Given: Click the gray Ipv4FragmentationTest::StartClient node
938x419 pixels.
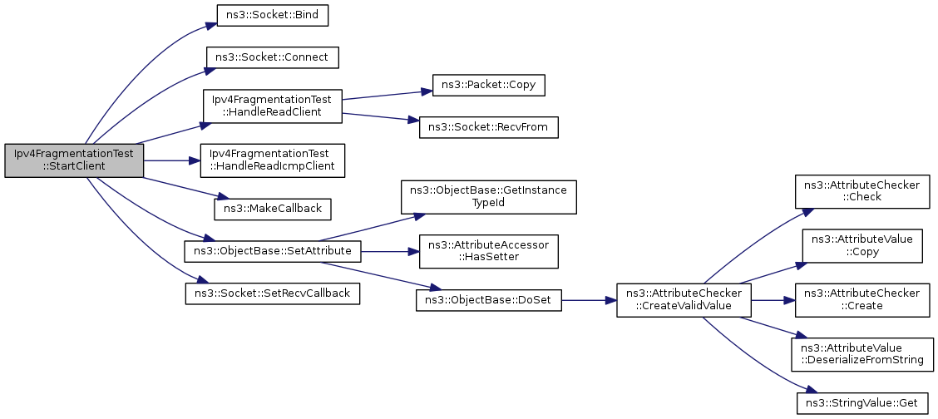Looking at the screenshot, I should pos(74,160).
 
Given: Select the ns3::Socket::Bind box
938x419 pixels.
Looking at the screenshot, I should pos(273,15).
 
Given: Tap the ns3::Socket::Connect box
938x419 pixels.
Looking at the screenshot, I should pos(273,58).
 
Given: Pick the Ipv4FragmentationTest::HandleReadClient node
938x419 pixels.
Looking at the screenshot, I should pos(273,106).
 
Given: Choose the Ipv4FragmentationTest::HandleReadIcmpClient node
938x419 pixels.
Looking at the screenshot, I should pos(273,160).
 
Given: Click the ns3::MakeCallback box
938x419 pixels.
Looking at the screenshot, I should pos(273,209).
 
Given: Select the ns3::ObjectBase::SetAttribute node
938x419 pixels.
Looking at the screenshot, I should pos(273,250).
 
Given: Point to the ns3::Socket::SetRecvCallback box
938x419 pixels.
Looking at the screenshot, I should pos(273,293).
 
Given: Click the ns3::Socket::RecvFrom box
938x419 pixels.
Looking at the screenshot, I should pos(488,128).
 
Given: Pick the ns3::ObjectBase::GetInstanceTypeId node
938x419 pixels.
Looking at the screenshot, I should pos(488,196).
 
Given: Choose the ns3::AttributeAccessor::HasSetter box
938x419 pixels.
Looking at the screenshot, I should pos(488,250).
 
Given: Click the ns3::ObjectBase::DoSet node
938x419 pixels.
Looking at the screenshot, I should pos(488,300).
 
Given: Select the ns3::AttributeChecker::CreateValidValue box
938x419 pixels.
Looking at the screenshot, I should pos(684,300).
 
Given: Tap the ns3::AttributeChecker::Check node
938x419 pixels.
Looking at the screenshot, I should pos(861,190).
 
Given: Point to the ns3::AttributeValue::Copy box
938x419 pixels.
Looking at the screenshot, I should pos(861,244).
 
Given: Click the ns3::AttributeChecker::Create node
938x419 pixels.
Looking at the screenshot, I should pos(861,300).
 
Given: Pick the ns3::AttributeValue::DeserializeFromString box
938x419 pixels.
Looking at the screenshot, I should pos(861,354).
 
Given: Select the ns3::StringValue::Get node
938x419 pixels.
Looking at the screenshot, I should pos(861,403).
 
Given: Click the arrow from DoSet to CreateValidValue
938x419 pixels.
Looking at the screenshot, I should pos(589,300).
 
